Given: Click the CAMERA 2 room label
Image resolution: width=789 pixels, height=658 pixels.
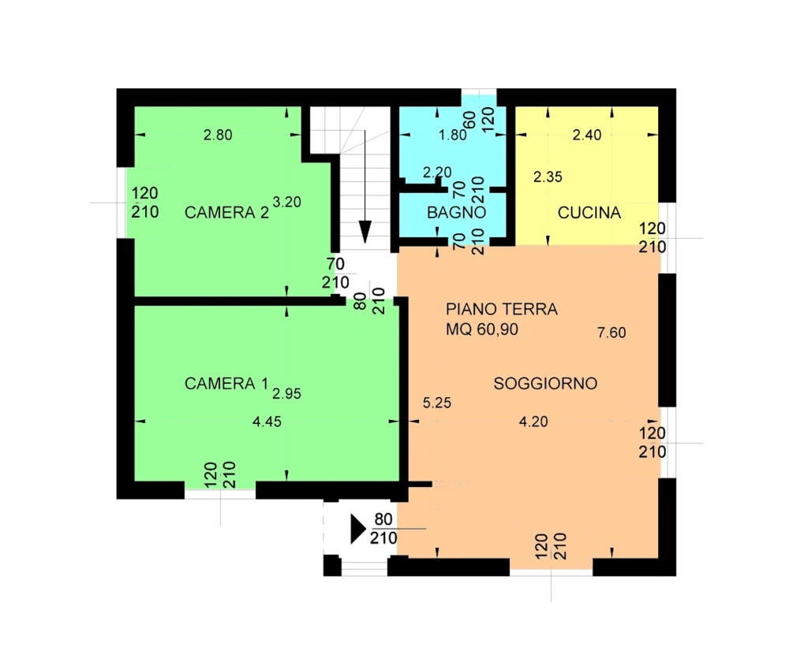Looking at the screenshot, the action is click(x=226, y=213).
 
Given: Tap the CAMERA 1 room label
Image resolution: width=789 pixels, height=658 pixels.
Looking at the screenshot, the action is click(x=226, y=384).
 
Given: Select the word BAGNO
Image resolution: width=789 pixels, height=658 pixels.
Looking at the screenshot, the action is click(x=456, y=213).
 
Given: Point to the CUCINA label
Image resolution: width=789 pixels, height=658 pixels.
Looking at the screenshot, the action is click(x=589, y=213).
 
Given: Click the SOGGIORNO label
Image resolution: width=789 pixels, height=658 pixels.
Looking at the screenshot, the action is click(x=545, y=384).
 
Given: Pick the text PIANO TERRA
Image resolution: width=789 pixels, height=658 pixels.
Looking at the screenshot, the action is click(x=502, y=309).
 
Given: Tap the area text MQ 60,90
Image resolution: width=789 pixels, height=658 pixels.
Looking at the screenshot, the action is click(x=482, y=329).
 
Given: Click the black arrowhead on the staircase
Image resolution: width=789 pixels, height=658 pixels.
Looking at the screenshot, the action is click(x=365, y=232).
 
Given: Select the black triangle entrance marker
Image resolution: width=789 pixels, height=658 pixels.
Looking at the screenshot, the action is click(x=357, y=529).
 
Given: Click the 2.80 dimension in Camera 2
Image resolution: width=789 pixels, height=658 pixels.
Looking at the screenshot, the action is click(x=218, y=135).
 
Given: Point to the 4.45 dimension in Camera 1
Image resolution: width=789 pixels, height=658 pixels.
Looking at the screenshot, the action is click(x=267, y=422).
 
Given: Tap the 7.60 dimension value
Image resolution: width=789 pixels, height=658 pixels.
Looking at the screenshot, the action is click(x=612, y=333).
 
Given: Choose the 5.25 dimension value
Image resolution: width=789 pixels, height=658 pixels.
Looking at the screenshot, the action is click(x=437, y=403).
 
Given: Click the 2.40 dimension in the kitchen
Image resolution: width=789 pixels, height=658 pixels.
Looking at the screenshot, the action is click(x=587, y=135).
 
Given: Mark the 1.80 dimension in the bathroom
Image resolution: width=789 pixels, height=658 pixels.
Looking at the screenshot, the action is click(x=452, y=135).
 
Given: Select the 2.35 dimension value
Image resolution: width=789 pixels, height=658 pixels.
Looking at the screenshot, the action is click(x=548, y=177).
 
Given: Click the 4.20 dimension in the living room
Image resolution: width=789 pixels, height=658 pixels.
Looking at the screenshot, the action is click(x=533, y=422).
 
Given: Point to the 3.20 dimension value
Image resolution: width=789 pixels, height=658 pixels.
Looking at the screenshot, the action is click(x=287, y=202).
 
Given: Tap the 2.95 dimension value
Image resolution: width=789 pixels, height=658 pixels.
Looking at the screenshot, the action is click(x=287, y=393).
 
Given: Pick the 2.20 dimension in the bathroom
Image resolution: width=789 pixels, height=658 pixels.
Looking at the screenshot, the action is click(x=437, y=173).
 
